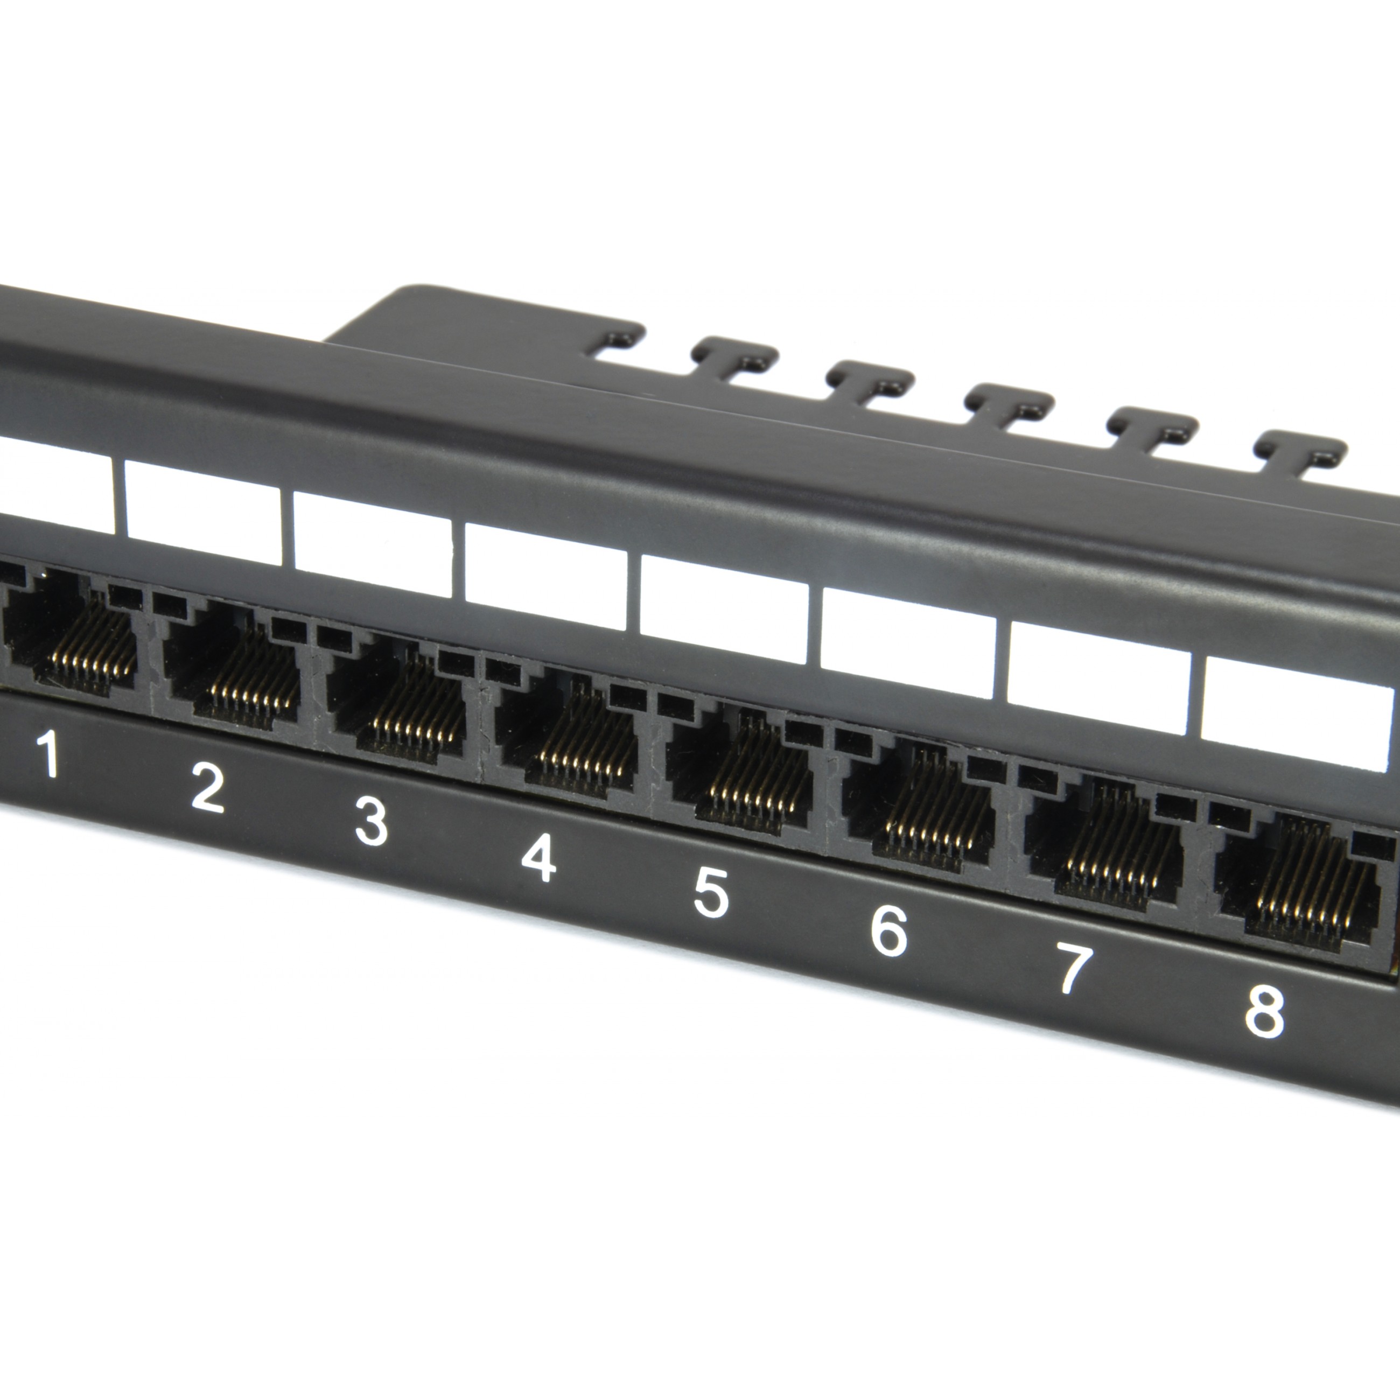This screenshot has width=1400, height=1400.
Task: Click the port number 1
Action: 50,754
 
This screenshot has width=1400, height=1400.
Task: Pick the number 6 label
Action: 889,931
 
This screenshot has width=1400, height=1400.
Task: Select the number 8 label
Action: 1264,1010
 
